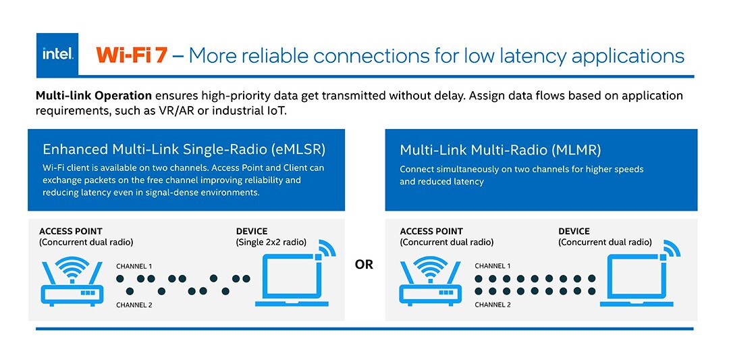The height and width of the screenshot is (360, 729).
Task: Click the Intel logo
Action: pyautogui.click(x=57, y=55)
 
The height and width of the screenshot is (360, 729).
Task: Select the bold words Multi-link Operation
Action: pyautogui.click(x=94, y=96)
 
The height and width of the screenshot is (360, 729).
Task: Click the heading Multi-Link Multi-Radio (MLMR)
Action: pyautogui.click(x=500, y=150)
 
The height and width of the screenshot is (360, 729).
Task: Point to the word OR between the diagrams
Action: pyautogui.click(x=364, y=265)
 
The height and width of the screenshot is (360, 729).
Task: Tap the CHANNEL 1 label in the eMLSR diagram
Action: pyautogui.click(x=134, y=267)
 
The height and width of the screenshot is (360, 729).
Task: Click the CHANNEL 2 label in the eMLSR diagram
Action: pyautogui.click(x=134, y=305)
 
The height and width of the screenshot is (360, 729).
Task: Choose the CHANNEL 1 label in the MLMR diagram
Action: pyautogui.click(x=493, y=267)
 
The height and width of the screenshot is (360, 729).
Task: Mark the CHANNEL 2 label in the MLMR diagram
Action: pyautogui.click(x=493, y=305)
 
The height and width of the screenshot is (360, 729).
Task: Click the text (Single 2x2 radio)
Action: pyautogui.click(x=271, y=242)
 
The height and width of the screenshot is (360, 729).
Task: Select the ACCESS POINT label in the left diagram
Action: pyautogui.click(x=71, y=231)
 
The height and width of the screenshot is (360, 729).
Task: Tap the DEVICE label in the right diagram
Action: pyautogui.click(x=574, y=231)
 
